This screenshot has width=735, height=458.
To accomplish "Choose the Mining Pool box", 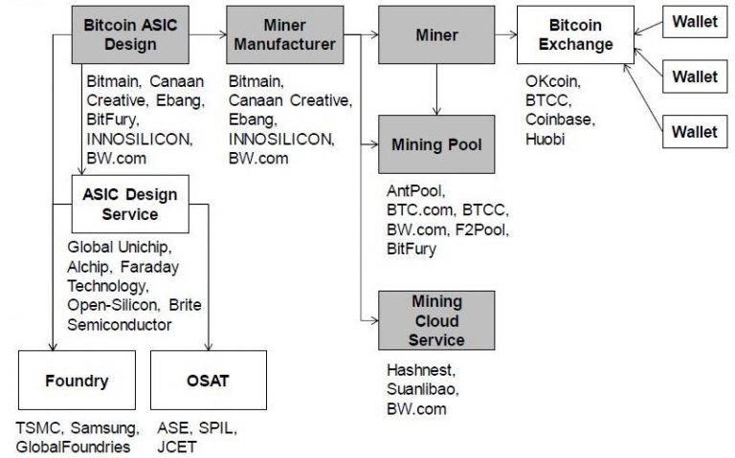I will click(435, 145).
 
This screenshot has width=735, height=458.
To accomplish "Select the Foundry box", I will click(77, 381).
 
